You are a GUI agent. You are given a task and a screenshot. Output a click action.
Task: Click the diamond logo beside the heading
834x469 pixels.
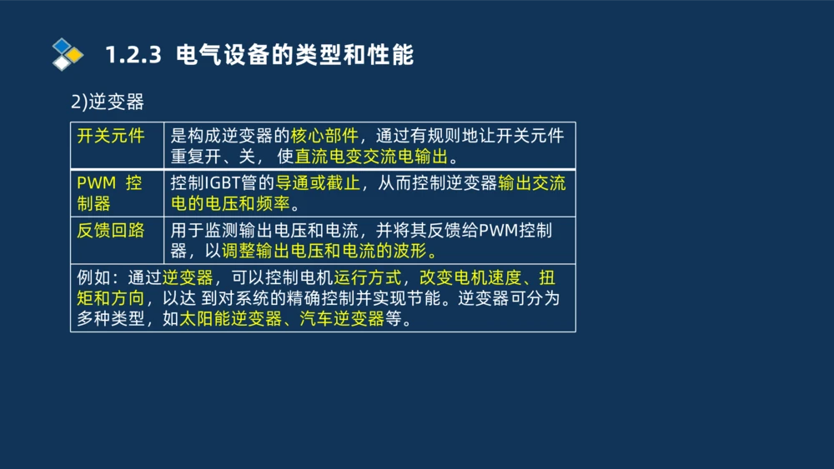pyautogui.click(x=68, y=54)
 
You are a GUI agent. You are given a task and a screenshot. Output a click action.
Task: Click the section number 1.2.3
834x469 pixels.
pyautogui.click(x=133, y=56)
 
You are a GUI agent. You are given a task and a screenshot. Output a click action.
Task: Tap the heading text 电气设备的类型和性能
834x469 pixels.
pyautogui.click(x=296, y=56)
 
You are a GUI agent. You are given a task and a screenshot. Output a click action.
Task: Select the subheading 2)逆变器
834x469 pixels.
pyautogui.click(x=108, y=102)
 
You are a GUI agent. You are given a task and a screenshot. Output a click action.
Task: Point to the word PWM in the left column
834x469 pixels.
pyautogui.click(x=96, y=183)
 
